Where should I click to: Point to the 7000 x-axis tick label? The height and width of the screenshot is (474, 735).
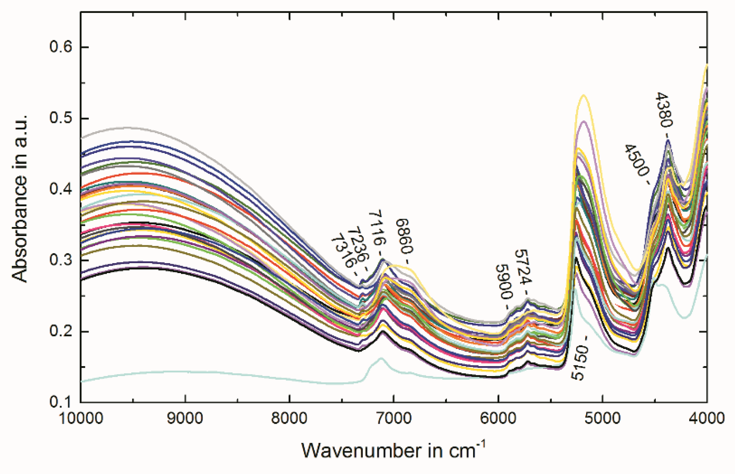[394, 418]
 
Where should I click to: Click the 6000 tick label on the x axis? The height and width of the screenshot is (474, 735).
[498, 418]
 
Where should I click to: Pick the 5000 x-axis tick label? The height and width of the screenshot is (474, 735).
[602, 418]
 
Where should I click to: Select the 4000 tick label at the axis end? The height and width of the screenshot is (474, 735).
[706, 418]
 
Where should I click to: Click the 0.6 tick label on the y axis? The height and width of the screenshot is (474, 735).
[61, 47]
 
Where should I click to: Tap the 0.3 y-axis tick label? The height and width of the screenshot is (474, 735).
[61, 260]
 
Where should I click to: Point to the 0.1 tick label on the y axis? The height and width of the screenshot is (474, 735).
[61, 402]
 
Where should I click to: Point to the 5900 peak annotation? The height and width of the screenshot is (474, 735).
[504, 282]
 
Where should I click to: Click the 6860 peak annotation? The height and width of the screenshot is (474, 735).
[404, 236]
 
